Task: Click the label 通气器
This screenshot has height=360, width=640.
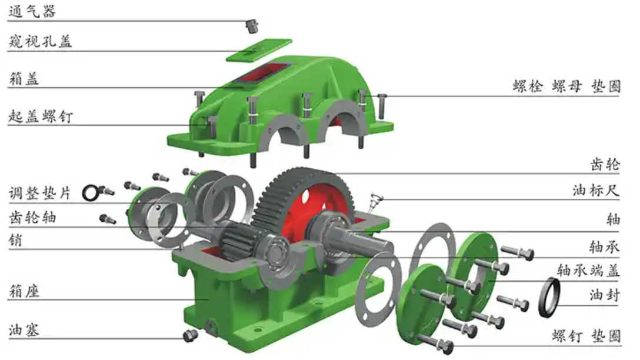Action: click(32, 11)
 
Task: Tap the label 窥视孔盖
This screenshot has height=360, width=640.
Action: click(40, 41)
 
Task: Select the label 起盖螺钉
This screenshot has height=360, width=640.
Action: click(41, 116)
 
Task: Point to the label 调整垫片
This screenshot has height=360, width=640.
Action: click(40, 193)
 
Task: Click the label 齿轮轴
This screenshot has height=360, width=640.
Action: click(32, 217)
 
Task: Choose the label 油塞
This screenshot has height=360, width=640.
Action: click(24, 329)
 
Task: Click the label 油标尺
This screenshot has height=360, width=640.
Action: click(596, 190)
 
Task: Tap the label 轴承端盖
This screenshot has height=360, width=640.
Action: click(588, 270)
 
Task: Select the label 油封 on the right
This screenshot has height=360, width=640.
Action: click(605, 295)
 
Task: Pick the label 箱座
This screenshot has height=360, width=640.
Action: click(24, 291)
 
